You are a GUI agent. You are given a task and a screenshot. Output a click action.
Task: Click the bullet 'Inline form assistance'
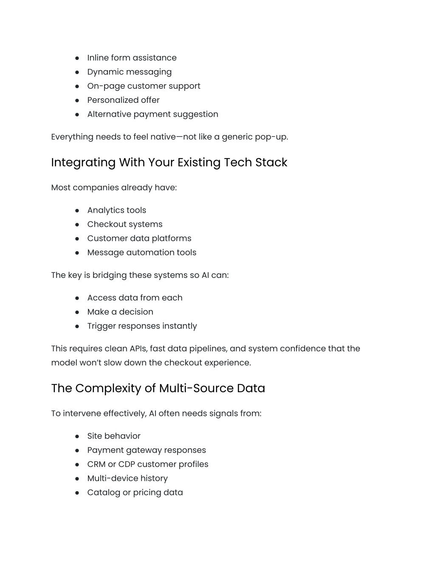click(x=132, y=58)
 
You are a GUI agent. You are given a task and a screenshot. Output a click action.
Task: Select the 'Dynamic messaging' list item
click(x=129, y=72)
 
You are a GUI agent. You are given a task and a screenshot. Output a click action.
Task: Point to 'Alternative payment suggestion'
click(x=153, y=114)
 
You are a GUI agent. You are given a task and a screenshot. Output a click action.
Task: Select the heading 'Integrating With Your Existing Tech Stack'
click(x=169, y=162)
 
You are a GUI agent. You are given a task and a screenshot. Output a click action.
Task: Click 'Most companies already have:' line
click(x=114, y=187)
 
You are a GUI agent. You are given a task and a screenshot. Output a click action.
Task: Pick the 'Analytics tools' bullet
click(x=116, y=210)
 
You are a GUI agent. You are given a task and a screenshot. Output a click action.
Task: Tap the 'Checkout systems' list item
click(x=124, y=224)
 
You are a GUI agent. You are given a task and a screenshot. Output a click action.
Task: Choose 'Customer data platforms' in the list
click(x=139, y=238)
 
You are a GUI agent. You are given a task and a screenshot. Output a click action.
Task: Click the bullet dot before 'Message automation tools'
click(x=77, y=253)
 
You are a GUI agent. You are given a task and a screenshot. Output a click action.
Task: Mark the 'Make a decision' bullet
click(x=120, y=312)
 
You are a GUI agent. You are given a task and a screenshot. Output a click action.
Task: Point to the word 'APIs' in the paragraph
click(x=138, y=349)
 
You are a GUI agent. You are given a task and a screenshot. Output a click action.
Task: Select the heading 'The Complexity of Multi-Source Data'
click(x=158, y=388)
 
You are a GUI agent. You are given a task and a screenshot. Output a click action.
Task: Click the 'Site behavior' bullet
click(x=113, y=436)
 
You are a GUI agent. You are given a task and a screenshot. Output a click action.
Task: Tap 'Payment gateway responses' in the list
click(x=146, y=450)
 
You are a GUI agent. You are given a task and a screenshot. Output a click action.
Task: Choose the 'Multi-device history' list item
click(x=127, y=478)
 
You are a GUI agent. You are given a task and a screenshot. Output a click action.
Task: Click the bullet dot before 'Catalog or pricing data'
click(x=77, y=493)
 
